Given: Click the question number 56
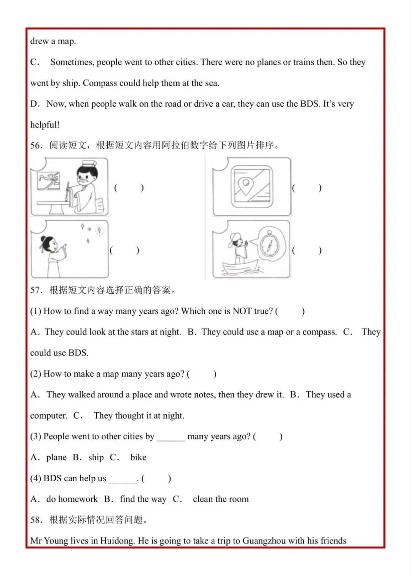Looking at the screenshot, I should [36, 145].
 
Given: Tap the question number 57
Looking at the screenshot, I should [36, 290].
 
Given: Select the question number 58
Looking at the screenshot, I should [36, 520].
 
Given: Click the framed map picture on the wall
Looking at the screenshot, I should [49, 180].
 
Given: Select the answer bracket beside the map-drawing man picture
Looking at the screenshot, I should [129, 188].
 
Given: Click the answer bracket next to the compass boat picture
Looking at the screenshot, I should [306, 250].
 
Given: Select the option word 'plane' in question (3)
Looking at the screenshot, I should [56, 458].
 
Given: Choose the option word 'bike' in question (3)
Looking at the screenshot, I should [138, 458].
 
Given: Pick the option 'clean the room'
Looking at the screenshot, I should [220, 499].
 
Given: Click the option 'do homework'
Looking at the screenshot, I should [72, 499].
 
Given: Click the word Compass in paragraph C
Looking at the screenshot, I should [100, 83].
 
